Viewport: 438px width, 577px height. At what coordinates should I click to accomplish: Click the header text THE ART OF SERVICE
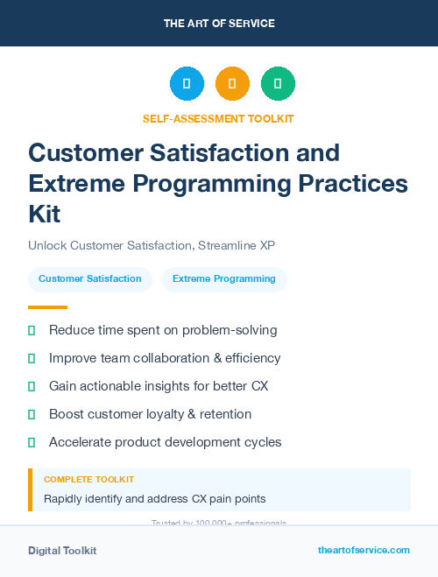pyautogui.click(x=219, y=24)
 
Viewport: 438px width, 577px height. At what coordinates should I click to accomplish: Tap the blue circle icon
pyautogui.click(x=187, y=84)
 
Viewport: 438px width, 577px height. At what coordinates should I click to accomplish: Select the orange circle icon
pyautogui.click(x=232, y=84)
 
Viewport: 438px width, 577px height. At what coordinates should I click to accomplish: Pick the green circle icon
pyautogui.click(x=278, y=84)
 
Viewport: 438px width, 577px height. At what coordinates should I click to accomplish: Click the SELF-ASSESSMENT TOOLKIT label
pyautogui.click(x=218, y=118)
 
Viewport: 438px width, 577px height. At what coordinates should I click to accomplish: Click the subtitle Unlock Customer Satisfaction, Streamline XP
pyautogui.click(x=157, y=245)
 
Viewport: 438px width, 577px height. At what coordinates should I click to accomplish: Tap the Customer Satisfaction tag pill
pyautogui.click(x=90, y=279)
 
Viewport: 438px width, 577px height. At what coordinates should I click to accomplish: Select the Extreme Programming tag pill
pyautogui.click(x=224, y=279)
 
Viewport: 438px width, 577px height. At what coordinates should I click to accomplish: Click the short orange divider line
pyautogui.click(x=47, y=307)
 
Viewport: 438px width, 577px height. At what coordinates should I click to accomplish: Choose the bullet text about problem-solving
pyautogui.click(x=163, y=330)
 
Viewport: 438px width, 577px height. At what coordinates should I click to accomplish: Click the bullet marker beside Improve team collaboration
pyautogui.click(x=32, y=358)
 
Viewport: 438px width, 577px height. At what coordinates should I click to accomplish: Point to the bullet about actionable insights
pyautogui.click(x=159, y=386)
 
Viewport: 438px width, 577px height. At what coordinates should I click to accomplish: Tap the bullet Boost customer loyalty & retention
pyautogui.click(x=150, y=414)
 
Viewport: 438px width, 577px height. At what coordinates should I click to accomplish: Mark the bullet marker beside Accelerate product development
pyautogui.click(x=32, y=442)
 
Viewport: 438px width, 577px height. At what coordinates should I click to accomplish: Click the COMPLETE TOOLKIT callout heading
pyautogui.click(x=88, y=480)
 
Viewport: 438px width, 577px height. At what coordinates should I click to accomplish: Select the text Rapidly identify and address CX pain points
pyautogui.click(x=154, y=499)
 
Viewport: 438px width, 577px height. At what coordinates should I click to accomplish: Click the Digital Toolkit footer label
pyautogui.click(x=62, y=551)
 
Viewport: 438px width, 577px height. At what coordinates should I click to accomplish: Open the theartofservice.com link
pyautogui.click(x=364, y=550)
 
